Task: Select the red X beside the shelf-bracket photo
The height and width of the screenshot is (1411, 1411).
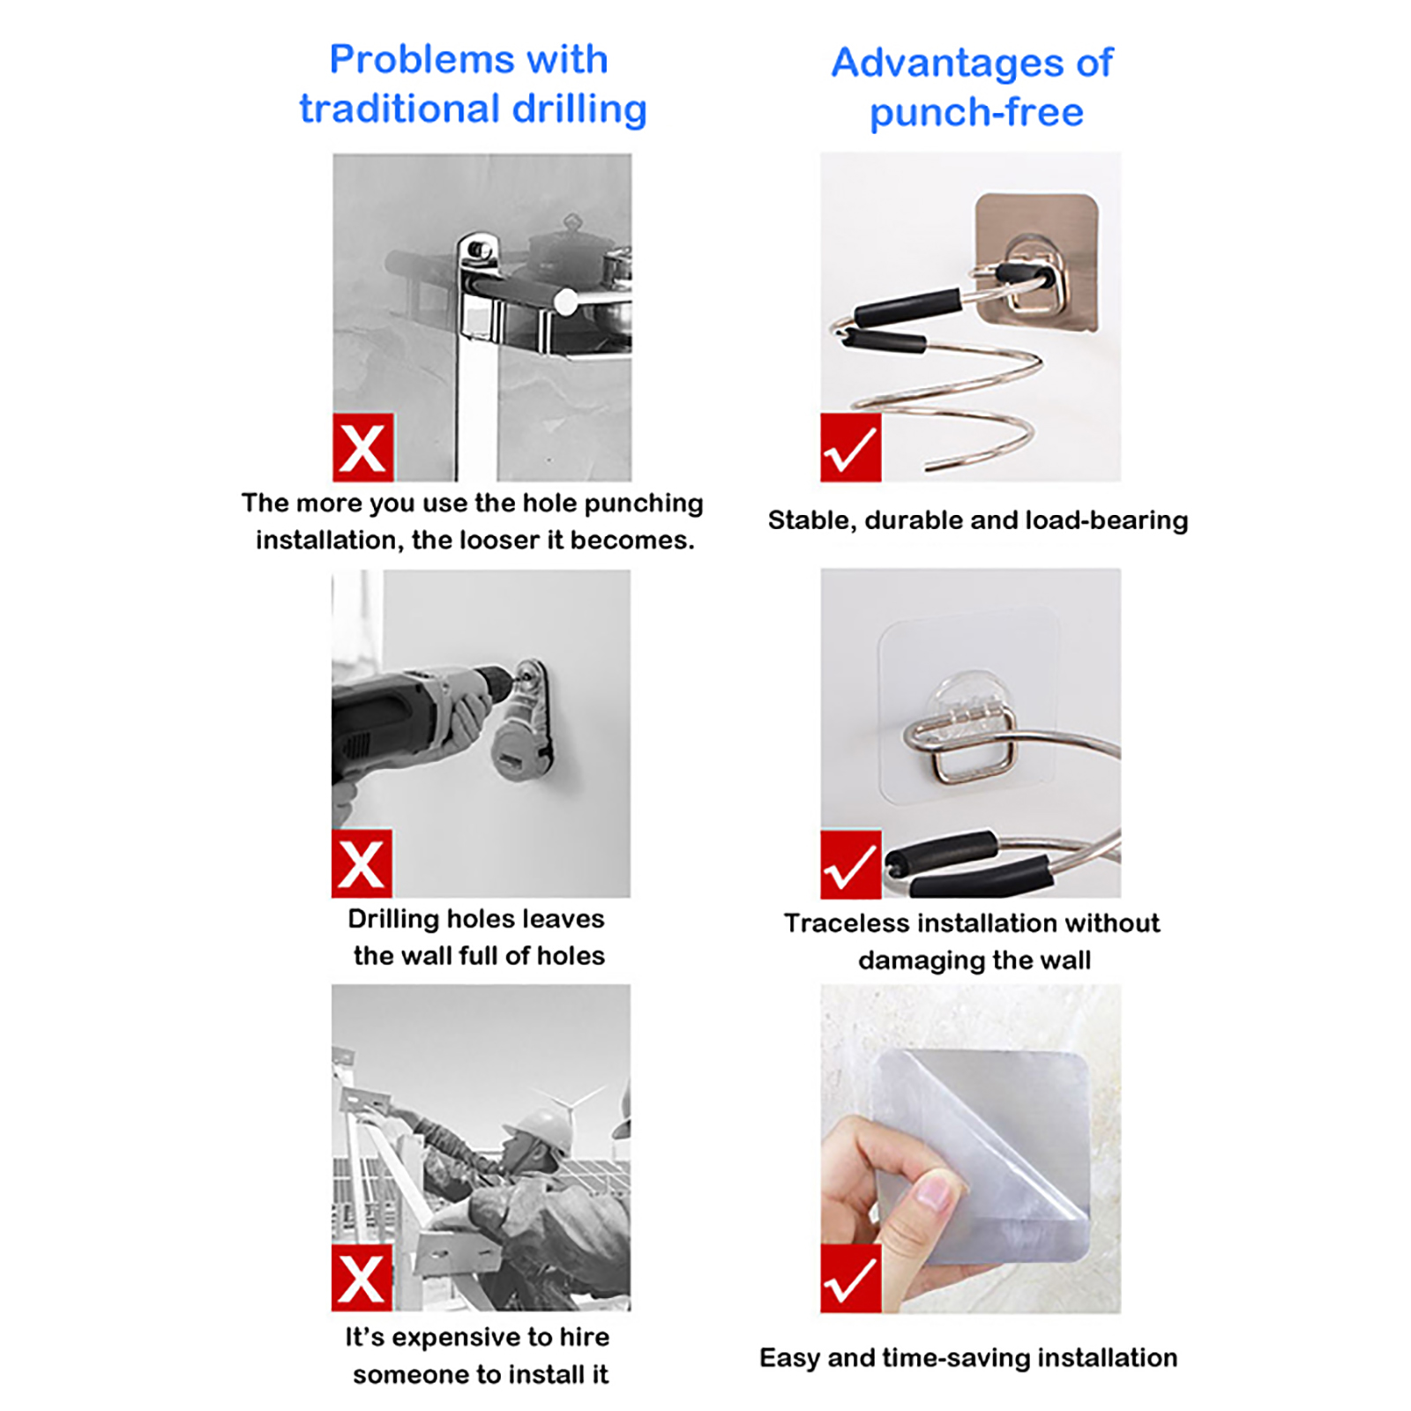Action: tap(363, 447)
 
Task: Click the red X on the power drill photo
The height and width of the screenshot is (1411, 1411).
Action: tap(362, 863)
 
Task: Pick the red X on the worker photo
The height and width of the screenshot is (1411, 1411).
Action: tap(362, 1278)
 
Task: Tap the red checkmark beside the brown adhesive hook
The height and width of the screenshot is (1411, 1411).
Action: tap(850, 447)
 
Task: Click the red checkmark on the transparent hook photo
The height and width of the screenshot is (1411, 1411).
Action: tap(850, 864)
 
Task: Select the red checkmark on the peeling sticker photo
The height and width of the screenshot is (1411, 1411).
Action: tap(850, 1279)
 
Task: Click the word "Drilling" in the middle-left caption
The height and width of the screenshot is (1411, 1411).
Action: tap(393, 920)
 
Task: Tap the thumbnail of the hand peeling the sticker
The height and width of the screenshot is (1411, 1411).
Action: tap(970, 1148)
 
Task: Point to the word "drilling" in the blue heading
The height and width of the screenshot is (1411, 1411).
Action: tap(580, 110)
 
